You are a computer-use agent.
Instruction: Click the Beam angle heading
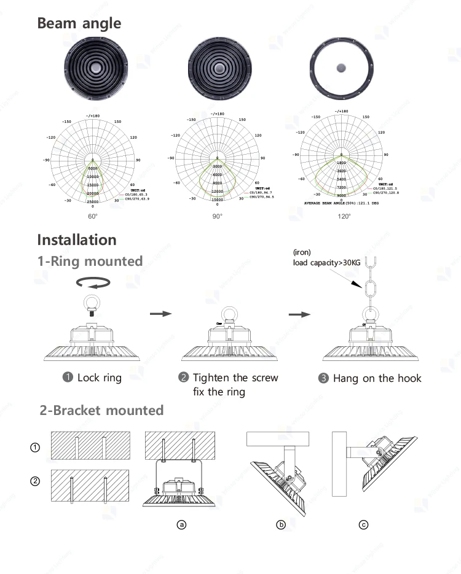(79, 23)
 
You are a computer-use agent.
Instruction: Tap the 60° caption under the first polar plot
(93, 216)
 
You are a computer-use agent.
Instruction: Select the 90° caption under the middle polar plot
(218, 216)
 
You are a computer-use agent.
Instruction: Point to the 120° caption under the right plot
(344, 216)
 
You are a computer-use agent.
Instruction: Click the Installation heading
(77, 239)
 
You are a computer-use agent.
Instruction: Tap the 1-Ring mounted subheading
(90, 261)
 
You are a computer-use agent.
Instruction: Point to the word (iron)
(302, 252)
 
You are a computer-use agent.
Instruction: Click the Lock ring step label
(99, 378)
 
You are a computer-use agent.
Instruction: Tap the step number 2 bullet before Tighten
(183, 378)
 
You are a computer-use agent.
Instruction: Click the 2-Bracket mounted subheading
(101, 410)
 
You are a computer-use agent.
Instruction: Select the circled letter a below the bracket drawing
(181, 524)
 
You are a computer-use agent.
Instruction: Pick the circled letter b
(281, 524)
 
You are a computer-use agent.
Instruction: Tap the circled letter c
(364, 524)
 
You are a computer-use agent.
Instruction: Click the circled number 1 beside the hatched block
(35, 448)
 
